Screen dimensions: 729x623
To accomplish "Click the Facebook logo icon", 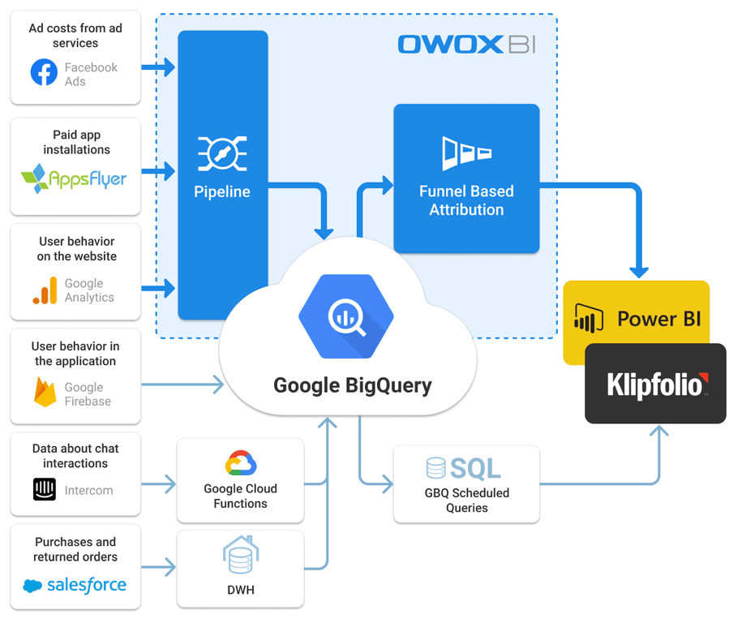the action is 44,72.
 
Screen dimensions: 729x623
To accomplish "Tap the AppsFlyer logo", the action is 74,178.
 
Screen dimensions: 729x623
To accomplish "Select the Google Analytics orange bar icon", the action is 45,290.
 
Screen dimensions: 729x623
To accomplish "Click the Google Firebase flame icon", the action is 45,392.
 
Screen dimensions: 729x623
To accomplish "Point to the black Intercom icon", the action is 45,489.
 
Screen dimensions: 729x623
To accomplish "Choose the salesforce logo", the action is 75,585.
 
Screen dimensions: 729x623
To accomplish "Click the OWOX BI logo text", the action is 467,45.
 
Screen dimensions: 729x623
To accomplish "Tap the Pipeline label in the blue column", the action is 222,191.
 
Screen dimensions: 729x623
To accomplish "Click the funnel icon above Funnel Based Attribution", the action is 466,153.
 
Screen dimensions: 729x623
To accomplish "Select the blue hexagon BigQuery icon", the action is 346,316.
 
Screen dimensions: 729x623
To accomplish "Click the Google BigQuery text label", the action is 353,385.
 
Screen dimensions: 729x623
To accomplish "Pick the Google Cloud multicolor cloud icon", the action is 241,463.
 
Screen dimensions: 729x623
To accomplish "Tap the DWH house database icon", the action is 241,554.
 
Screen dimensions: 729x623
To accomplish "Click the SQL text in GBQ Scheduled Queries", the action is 476,468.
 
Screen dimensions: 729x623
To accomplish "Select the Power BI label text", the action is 659,319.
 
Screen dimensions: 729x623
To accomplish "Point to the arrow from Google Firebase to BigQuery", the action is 182,385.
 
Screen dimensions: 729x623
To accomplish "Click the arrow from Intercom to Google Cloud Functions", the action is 159,484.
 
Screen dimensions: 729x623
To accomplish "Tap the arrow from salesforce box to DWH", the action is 159,567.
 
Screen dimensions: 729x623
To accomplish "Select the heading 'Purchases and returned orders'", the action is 75,549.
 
